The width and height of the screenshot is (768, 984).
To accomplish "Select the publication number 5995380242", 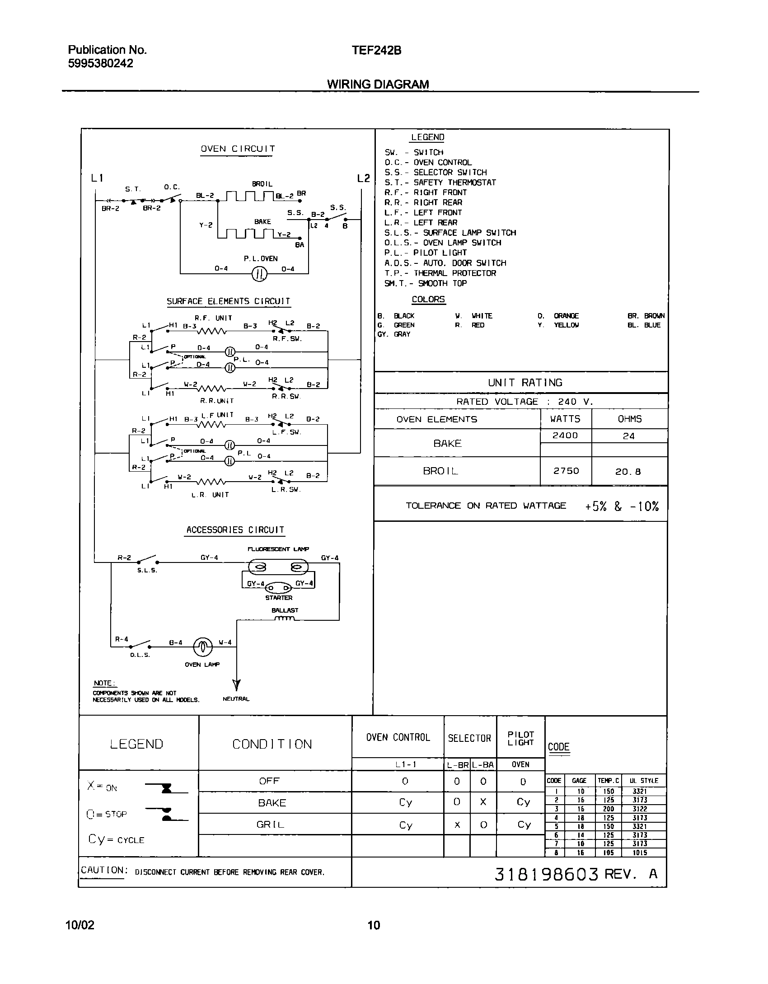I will coord(101,64).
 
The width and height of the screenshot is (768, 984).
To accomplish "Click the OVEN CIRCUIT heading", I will coord(238,149).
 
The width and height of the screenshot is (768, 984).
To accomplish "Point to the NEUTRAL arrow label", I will coord(236,699).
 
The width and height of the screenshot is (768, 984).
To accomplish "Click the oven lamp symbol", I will coord(202,647).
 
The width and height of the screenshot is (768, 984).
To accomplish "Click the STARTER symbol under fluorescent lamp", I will coord(278,588).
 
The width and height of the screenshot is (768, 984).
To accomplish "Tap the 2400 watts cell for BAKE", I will coord(565,436).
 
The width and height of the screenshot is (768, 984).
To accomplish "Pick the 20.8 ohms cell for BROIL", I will coord(628,472).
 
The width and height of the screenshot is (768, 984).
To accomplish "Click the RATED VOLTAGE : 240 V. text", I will coord(524,402).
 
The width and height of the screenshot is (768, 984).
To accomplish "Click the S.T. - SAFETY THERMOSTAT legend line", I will coord(440,183).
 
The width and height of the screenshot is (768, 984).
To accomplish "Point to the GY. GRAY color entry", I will coord(394,334).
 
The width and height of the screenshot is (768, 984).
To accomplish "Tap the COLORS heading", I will coord(428,300).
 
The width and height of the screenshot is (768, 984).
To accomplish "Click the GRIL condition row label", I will coord(270,825).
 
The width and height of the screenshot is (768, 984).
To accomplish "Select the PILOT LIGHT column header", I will coord(520,738).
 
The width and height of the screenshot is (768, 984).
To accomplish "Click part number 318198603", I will coord(546,874).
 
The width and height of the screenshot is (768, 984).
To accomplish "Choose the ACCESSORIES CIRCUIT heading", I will coord(235,530).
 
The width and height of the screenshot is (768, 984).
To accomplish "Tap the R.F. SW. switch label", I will coord(287,338).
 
